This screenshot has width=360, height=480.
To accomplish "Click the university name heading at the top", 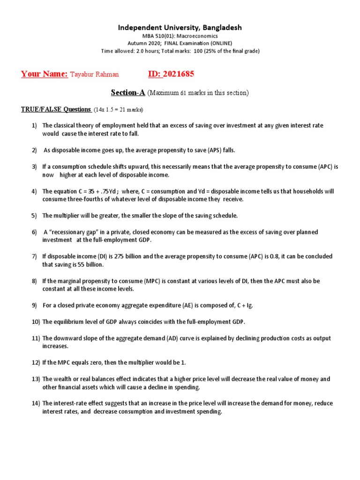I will [x=180, y=28].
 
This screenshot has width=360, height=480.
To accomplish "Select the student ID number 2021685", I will [x=178, y=74].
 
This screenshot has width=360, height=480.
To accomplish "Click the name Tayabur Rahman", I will [x=94, y=75].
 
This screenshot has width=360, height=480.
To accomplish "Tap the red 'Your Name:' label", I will [x=45, y=74].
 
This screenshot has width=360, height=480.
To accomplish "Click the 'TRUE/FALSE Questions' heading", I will [x=56, y=109].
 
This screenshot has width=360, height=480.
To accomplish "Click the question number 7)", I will [x=34, y=256].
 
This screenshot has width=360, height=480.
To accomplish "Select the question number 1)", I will [x=34, y=126].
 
